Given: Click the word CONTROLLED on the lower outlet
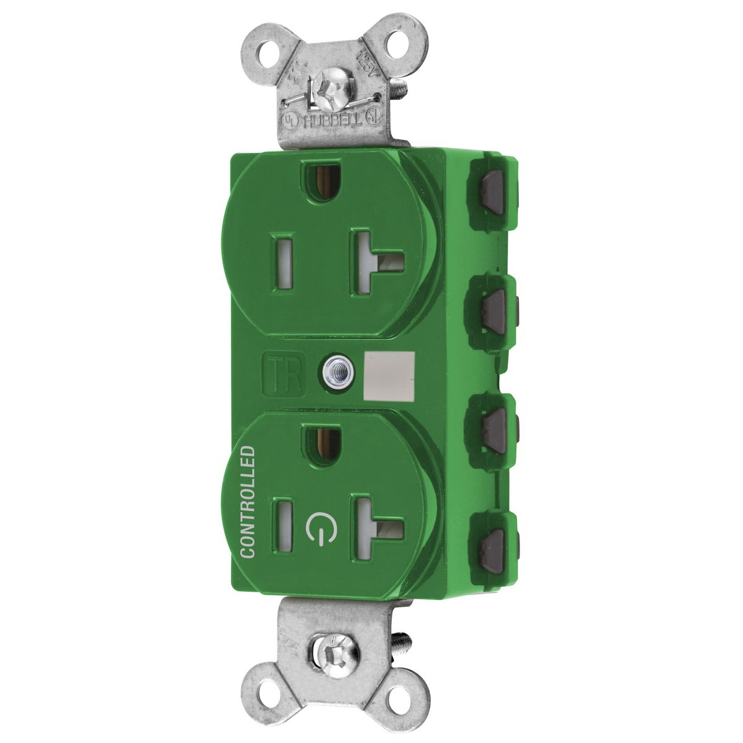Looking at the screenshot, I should tap(248, 501).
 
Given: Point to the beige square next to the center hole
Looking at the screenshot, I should tap(384, 373).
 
